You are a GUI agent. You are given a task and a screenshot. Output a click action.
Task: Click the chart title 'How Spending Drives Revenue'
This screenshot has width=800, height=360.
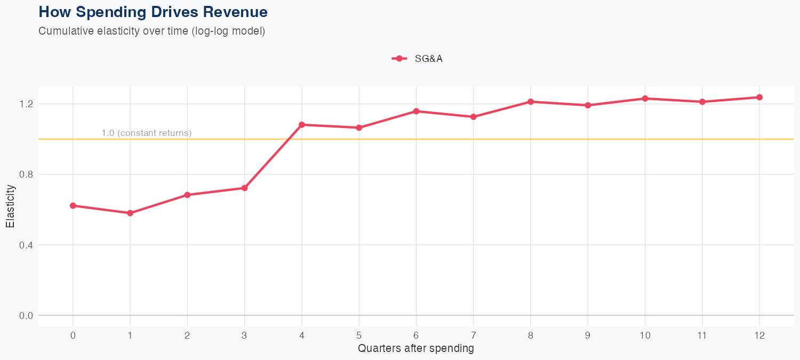(x=153, y=12)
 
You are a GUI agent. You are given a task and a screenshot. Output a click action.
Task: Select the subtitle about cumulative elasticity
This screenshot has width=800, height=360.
(x=151, y=31)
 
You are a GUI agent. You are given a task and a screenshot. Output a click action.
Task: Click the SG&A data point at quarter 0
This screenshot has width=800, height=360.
(x=73, y=205)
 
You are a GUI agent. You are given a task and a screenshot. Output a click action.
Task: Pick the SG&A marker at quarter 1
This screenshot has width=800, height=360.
(x=130, y=213)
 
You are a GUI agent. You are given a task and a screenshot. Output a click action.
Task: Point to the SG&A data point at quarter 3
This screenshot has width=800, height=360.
(x=244, y=188)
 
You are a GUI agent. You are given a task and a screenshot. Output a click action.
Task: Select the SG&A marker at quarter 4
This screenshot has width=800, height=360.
(x=302, y=125)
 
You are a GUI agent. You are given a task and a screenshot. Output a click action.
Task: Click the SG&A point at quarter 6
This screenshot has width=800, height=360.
(x=416, y=111)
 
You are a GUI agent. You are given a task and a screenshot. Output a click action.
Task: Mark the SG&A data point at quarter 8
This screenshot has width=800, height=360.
(x=531, y=102)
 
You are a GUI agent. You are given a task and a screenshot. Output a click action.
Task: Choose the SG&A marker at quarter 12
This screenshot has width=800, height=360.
(x=759, y=97)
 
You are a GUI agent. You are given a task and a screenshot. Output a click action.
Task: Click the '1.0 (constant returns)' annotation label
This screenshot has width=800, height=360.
(x=146, y=133)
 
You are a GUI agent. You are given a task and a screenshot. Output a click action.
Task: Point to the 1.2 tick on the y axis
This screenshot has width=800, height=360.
(x=26, y=104)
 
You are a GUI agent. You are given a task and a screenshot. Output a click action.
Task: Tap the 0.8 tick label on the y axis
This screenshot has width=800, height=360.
(x=26, y=174)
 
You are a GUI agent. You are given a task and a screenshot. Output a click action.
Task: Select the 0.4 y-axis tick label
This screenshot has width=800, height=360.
(x=26, y=245)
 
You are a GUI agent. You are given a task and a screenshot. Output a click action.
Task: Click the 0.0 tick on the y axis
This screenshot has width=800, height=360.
(x=26, y=316)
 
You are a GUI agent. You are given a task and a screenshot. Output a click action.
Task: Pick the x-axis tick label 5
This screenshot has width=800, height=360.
(x=359, y=335)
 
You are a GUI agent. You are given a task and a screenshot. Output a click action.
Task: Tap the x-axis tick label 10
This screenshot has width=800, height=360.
(x=645, y=335)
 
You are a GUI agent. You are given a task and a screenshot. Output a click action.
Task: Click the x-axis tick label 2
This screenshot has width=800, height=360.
(x=187, y=335)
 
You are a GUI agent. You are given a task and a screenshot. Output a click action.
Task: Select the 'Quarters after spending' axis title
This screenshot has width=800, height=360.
(x=416, y=349)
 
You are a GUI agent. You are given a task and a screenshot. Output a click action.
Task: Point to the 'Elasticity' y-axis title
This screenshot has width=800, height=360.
(x=10, y=206)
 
